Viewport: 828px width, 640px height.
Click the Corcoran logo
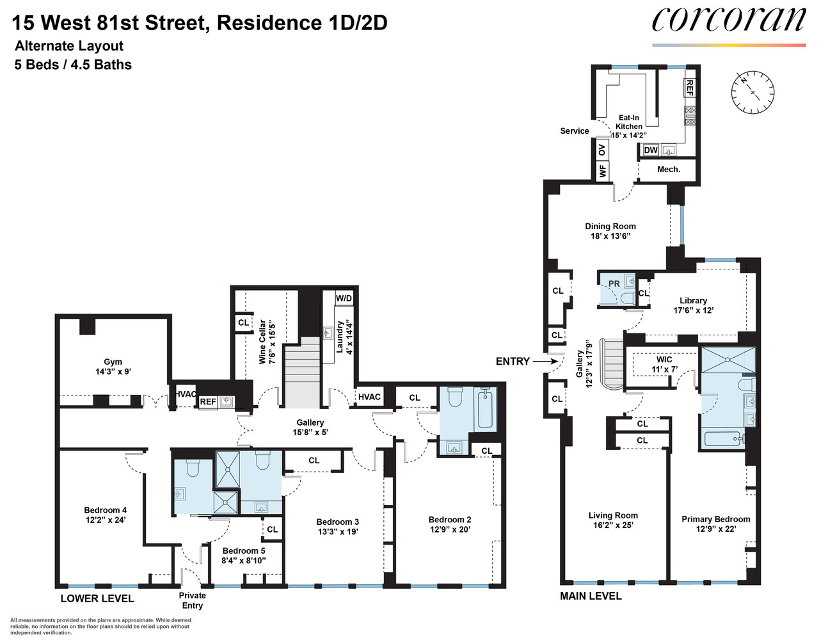click(x=728, y=21)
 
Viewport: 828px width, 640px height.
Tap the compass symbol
click(x=752, y=92)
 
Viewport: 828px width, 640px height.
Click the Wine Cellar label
click(x=262, y=342)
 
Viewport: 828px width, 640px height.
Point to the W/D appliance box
click(x=344, y=298)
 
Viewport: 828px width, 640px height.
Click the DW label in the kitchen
click(x=651, y=150)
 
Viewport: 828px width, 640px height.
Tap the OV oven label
click(x=601, y=150)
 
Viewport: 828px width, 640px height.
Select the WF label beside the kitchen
click(x=602, y=171)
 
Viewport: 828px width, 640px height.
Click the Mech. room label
click(x=669, y=170)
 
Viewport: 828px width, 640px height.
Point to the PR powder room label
click(x=614, y=284)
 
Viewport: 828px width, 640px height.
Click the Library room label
click(x=693, y=300)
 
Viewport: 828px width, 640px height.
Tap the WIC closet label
click(x=664, y=360)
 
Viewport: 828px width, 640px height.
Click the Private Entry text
click(x=192, y=600)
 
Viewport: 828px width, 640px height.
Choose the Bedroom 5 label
click(x=243, y=550)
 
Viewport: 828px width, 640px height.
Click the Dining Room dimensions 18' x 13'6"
click(x=610, y=236)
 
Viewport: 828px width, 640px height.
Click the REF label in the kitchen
click(x=689, y=88)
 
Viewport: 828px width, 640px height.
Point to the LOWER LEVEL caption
click(x=97, y=598)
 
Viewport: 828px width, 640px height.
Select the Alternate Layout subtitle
click(x=69, y=46)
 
